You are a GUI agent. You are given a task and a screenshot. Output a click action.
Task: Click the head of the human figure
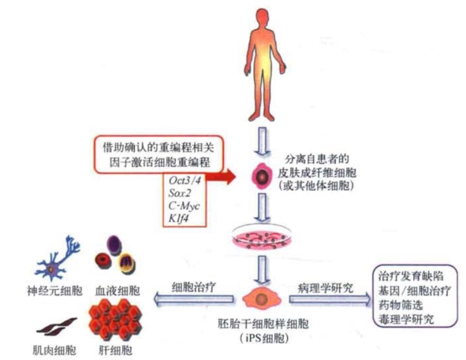click(x=263, y=18)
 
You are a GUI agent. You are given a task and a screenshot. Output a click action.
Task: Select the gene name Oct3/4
click(x=185, y=180)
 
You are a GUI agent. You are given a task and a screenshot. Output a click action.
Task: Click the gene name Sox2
click(x=179, y=193)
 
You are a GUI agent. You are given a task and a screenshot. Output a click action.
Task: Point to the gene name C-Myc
click(x=184, y=206)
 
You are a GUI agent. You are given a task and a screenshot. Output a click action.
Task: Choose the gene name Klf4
click(x=178, y=219)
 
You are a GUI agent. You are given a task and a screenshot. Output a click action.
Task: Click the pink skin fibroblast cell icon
click(x=263, y=176)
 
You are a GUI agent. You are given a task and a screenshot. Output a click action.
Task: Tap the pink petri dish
click(x=262, y=238)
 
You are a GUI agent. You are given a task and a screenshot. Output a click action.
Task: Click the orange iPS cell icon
click(x=261, y=298)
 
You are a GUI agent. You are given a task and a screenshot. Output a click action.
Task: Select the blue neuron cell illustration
click(x=58, y=258)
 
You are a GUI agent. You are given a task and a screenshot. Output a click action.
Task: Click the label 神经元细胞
click(x=54, y=291)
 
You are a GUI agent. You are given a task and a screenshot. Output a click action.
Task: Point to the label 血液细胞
click(x=117, y=291)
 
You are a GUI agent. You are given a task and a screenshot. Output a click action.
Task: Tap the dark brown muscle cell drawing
click(x=56, y=326)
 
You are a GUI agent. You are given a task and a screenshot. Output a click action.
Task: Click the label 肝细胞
click(x=115, y=351)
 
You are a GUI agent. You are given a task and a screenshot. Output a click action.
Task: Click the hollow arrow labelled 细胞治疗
click(x=193, y=299)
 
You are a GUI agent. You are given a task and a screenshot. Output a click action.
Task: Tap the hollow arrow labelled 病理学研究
click(x=330, y=299)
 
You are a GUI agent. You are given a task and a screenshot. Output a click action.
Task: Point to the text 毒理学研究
click(x=406, y=319)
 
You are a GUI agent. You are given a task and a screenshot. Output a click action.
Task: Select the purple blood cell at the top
click(x=114, y=245)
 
